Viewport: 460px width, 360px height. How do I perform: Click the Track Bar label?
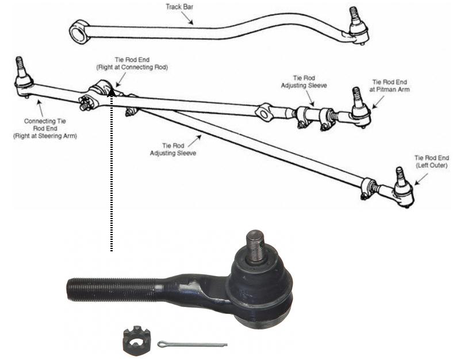pos(179,7)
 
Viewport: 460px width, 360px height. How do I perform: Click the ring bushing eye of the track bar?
pos(79,32)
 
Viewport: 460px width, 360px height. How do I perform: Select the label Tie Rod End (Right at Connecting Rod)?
pos(132,63)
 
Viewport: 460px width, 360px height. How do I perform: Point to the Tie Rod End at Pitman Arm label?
pos(390,86)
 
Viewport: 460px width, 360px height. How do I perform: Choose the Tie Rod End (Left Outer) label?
pos(432,162)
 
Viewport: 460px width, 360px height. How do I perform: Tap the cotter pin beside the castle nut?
pos(192,344)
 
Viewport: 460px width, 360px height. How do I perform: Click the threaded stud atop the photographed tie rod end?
pos(255,246)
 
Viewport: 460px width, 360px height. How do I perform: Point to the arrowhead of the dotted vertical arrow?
pos(111,92)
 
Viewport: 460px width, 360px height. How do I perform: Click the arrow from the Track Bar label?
pos(187,18)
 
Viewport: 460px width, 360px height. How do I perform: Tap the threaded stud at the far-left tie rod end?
pos(20,66)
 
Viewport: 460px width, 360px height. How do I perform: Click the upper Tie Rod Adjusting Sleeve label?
pos(304,82)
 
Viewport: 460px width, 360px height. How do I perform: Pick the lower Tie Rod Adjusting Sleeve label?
pos(173,150)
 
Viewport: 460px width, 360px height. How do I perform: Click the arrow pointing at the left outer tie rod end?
pos(421,179)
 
